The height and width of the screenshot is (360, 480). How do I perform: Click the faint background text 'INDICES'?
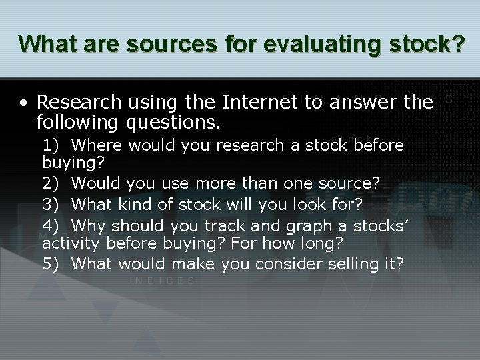click(161, 281)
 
